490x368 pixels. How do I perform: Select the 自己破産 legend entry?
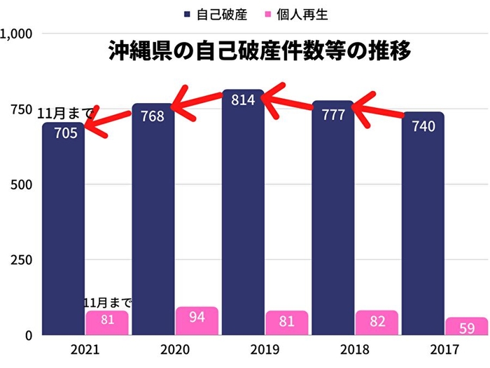pos(218,13)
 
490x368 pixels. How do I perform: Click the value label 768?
pos(152,116)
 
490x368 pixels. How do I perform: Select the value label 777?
pos(332,114)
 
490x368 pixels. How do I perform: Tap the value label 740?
pos(423,126)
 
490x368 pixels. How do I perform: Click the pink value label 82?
pos(377,322)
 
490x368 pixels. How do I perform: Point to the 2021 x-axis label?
pos(85,350)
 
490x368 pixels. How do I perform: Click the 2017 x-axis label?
pos(445,350)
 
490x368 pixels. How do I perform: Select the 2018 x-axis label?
pos(355,350)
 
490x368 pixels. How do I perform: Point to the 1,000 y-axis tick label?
pos(15,33)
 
